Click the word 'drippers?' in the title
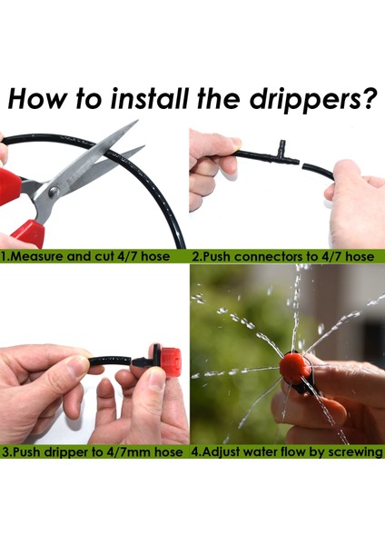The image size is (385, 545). pos(313,100)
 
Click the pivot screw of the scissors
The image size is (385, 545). pos(54,192)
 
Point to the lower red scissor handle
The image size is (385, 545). pos(29,233)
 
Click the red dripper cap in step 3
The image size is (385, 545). pos(171,362)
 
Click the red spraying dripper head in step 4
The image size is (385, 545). pos(295,368)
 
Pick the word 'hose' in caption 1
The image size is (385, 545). pos(155,256)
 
